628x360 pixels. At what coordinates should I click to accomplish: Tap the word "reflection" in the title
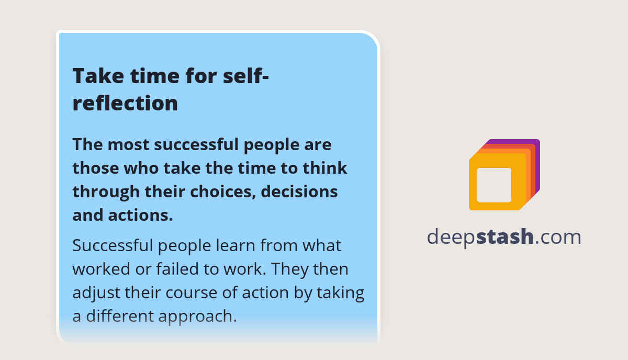tap(125, 103)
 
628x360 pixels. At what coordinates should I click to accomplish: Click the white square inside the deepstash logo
tap(494, 185)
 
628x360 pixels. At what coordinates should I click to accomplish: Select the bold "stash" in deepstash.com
tap(504, 237)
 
